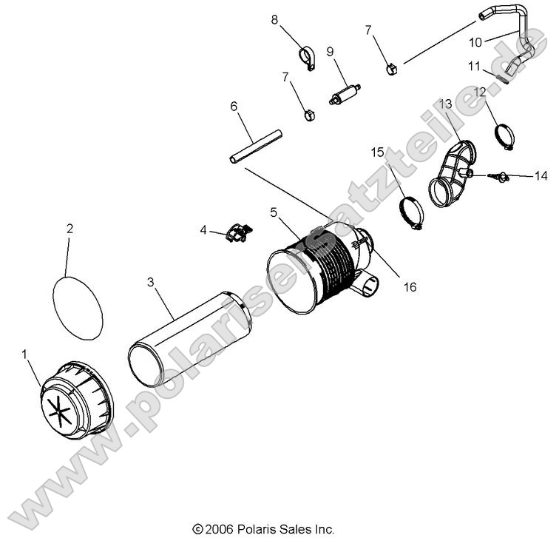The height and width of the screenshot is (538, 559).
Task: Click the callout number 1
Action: [26, 355]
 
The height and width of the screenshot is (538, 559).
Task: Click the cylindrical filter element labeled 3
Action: [191, 340]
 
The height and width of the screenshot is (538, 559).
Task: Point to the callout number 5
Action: [274, 212]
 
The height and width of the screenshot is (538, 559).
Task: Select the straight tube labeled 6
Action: [255, 146]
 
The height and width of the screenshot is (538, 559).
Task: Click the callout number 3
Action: [150, 282]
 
